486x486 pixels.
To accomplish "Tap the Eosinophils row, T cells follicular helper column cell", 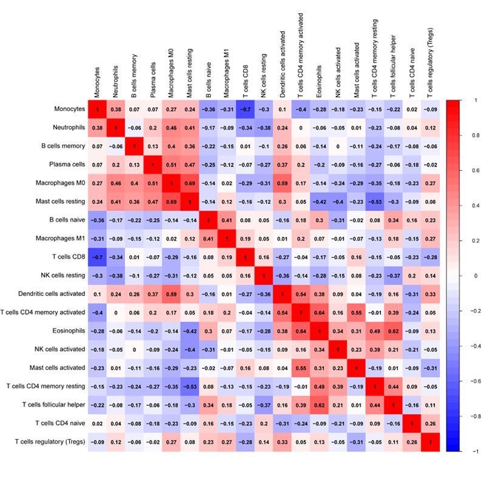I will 394,330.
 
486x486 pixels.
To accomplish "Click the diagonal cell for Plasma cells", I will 152,165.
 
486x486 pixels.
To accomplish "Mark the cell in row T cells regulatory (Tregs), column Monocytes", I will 97,442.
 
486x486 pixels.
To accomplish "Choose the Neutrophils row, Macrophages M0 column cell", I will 171,128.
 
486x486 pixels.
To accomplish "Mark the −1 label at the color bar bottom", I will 473,451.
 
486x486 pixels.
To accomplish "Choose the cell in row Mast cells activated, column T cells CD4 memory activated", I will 301,368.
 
